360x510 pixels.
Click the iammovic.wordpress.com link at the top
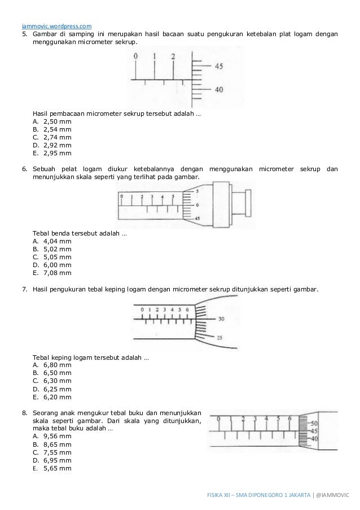[57, 25]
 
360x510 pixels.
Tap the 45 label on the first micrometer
[218, 67]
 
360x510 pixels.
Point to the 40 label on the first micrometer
[218, 89]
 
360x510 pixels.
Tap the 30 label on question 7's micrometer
[221, 319]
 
